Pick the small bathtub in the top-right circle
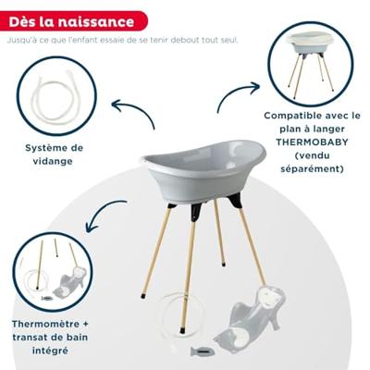click(x=310, y=43)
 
